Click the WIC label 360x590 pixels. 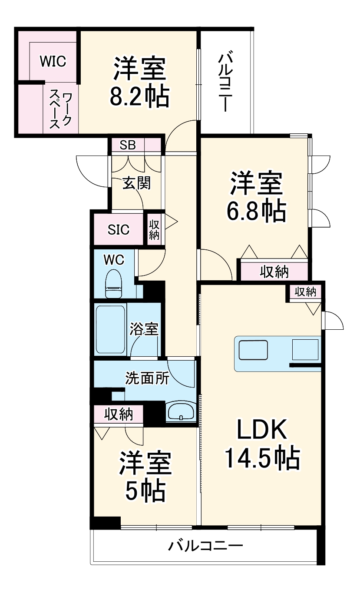coord(53,61)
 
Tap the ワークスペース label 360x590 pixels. coord(61,110)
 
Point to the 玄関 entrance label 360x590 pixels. coord(136,183)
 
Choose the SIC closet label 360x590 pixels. coord(119,229)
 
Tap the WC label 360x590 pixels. coord(114,260)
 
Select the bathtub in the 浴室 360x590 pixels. coord(111,329)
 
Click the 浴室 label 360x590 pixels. coord(144,329)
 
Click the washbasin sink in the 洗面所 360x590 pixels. coord(180,411)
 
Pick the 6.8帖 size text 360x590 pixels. coord(255,212)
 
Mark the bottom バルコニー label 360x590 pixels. coord(206,545)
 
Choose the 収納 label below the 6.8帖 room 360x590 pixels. coord(274,272)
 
